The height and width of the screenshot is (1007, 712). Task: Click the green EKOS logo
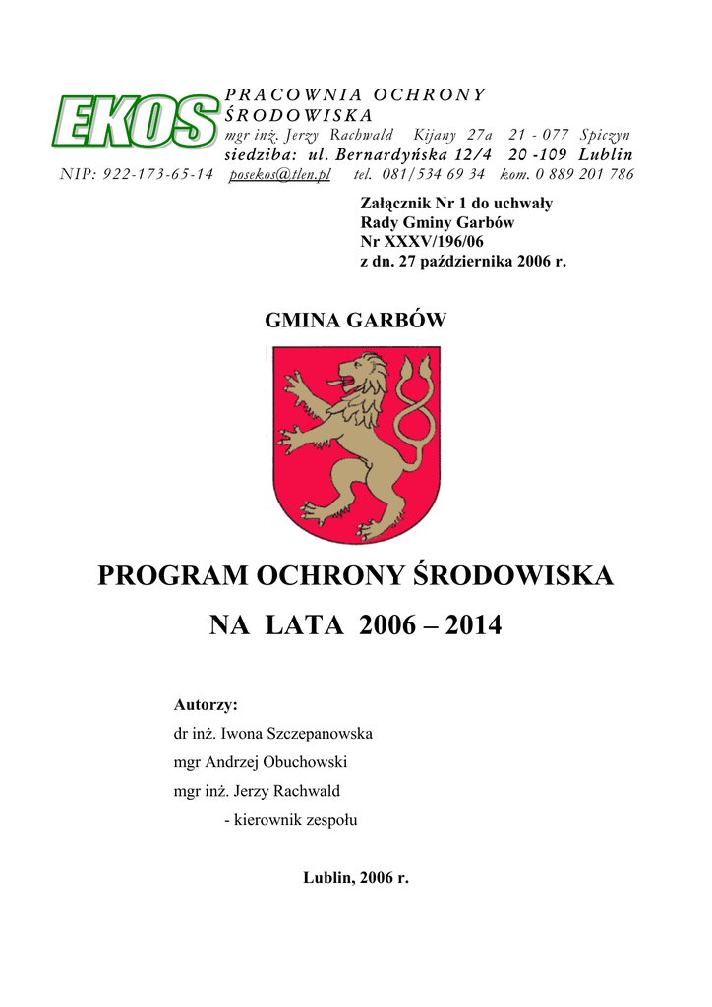[x=137, y=124]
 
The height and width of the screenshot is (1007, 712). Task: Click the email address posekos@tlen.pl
[x=279, y=174]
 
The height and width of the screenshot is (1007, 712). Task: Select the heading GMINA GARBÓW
[x=356, y=321]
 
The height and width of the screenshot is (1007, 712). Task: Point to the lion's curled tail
[x=413, y=413]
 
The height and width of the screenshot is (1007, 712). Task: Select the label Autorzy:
[x=206, y=705]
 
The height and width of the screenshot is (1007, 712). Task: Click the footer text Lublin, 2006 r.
[x=355, y=877]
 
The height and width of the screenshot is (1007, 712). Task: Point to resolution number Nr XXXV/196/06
[x=423, y=241]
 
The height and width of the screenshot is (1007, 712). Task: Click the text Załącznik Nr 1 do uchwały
[x=457, y=204]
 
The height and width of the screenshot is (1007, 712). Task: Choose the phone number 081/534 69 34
[x=433, y=174]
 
